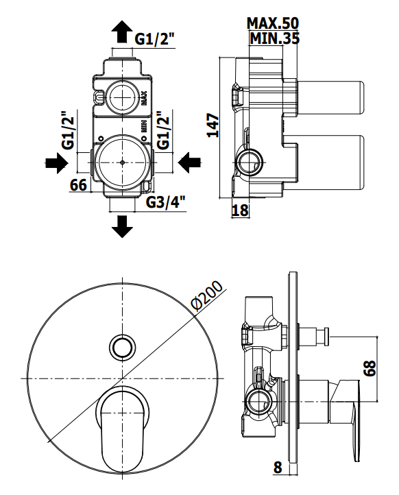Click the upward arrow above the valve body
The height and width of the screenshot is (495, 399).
click(x=122, y=32)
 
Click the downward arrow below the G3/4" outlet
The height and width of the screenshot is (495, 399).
click(x=122, y=226)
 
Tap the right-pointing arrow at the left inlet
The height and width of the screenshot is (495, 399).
click(x=57, y=163)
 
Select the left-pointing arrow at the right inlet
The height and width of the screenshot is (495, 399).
click(x=190, y=163)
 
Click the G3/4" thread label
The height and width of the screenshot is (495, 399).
click(x=165, y=202)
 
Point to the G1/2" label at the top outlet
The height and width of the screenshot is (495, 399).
click(x=155, y=40)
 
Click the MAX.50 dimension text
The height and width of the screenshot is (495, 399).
click(x=273, y=23)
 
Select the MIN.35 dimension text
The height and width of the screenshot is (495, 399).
click(x=274, y=38)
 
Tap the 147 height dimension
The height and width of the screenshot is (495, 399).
click(x=213, y=125)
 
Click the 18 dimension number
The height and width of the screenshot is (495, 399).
click(x=240, y=210)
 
